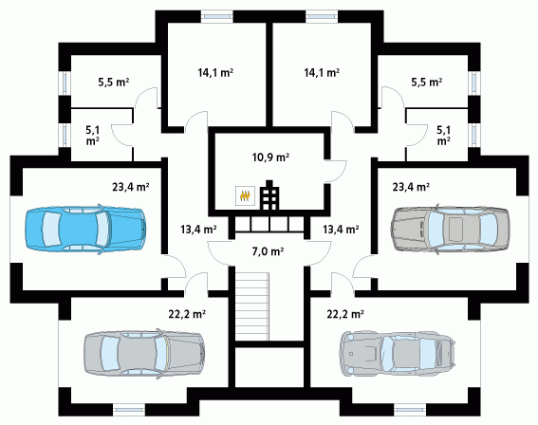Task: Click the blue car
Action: point(85,229)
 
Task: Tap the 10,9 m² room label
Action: point(270,157)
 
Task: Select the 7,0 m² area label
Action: point(268,251)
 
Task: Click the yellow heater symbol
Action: point(245,195)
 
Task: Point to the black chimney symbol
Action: point(269,194)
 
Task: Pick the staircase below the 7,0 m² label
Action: point(251,305)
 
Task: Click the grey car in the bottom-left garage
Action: point(144,354)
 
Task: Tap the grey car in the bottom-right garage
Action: point(399,354)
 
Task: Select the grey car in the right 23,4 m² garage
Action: point(451,229)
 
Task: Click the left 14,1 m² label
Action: point(215,72)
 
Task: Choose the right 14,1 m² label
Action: point(322,72)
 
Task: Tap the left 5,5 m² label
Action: point(114,83)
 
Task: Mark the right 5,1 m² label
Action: point(444,135)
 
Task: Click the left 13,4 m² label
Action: point(198,230)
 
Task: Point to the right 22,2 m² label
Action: point(345,314)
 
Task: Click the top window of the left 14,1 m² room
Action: point(216,16)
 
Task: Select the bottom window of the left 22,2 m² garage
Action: point(129,409)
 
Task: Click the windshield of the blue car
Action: point(102,229)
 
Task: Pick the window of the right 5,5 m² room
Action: point(473,83)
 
